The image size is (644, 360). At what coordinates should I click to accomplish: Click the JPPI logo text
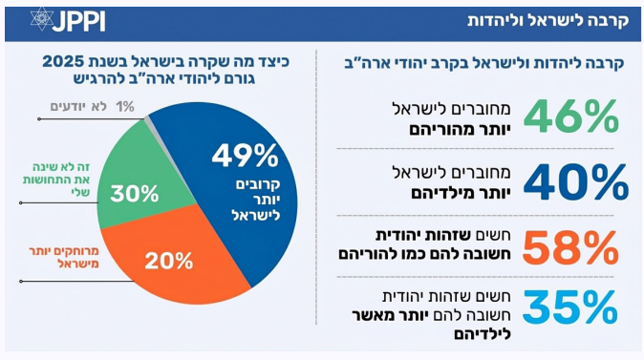pos(79,20)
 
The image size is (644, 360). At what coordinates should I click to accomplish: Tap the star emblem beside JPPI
pos(42,19)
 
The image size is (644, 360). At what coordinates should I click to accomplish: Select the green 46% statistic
pos(570,116)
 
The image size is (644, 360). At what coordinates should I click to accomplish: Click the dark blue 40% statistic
pos(576,181)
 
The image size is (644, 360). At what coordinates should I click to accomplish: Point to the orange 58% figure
pos(570,247)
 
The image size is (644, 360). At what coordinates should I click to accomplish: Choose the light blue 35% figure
pos(570,307)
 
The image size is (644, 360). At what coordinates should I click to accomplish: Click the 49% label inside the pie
pos(246,156)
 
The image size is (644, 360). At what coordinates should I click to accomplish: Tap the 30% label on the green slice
pos(135,193)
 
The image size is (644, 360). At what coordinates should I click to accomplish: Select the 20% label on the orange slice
pos(169,261)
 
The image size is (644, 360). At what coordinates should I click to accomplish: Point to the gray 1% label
pos(125,107)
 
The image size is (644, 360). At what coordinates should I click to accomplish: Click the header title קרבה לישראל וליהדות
pos(547,20)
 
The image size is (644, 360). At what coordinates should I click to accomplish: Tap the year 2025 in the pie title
pos(64,61)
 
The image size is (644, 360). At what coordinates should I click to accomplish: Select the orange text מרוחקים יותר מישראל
pos(64,258)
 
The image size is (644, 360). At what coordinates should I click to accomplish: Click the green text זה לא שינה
pos(61,167)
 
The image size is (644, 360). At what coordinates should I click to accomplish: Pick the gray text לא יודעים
pos(78,107)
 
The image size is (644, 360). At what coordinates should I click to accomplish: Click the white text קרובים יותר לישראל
pos(256,200)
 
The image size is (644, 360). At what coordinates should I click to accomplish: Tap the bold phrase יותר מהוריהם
pos(460,130)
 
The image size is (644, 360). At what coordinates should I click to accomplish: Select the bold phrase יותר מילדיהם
pos(461,193)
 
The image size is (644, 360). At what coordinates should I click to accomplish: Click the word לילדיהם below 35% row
pos(483,334)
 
